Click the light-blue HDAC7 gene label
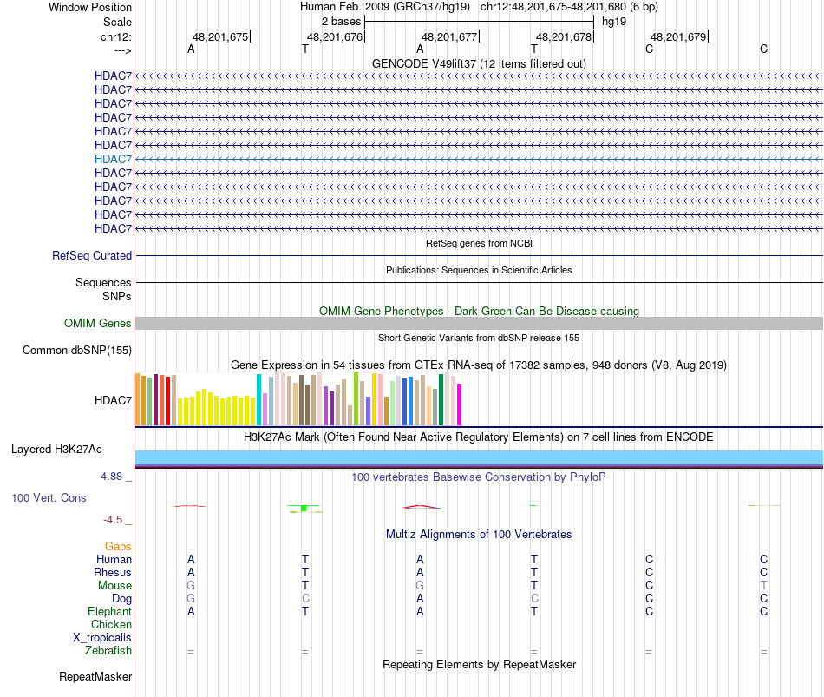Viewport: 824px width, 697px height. tap(113, 159)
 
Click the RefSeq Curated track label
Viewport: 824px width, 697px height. tap(92, 256)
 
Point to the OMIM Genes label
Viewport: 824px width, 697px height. tap(98, 324)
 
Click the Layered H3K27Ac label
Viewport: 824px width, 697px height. tap(56, 450)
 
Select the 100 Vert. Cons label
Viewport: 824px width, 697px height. tap(49, 498)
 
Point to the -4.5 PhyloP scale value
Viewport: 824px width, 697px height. tap(113, 520)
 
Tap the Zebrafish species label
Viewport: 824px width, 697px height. tap(108, 651)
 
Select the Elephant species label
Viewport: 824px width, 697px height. tap(108, 612)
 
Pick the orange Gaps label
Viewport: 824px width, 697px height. tap(118, 547)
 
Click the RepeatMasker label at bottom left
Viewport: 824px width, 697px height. tap(95, 677)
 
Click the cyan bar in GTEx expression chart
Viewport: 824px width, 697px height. tap(258, 400)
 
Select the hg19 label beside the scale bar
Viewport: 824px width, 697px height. tap(614, 21)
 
